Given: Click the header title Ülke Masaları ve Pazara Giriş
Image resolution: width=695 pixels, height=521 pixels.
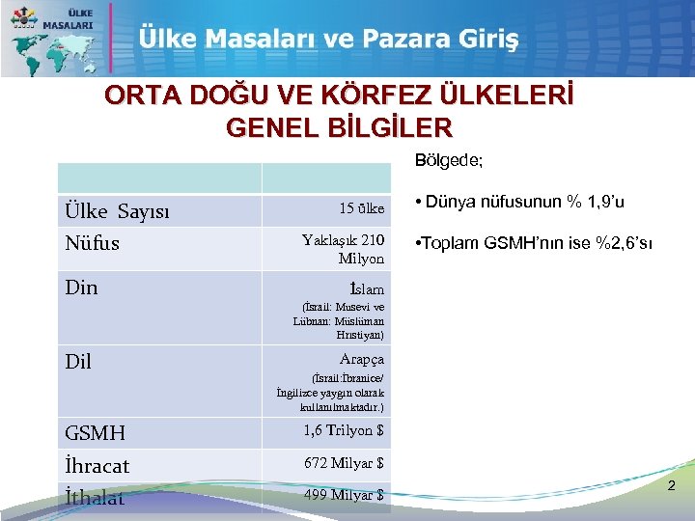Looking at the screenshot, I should pos(328,40).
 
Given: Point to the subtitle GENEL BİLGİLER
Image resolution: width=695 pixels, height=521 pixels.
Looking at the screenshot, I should pos(338,127).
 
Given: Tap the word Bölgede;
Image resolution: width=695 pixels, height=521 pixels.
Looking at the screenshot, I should pos(449,160).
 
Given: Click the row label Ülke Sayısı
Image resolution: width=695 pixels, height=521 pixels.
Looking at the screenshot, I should pos(117,211).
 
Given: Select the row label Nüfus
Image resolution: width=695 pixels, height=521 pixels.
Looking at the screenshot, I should pos(93,242).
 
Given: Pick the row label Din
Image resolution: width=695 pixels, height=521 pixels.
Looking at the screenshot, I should pos(81,287).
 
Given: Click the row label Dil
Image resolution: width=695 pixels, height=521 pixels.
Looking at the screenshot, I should pos(78,361).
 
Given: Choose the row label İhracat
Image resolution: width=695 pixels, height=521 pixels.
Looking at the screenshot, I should pos(97,465).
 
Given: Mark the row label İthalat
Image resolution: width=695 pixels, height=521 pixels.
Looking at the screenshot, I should pos(95,498).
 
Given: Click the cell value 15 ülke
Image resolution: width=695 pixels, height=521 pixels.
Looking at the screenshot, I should pos(361,208).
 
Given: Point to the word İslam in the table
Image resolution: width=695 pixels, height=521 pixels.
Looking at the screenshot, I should pos(366,288).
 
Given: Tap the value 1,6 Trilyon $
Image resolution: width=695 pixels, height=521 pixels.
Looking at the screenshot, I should pos(344,431).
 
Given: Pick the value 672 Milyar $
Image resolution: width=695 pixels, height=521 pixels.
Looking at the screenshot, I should pos(344,463).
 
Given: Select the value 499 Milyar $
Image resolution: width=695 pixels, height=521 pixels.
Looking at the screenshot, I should pos(344,495).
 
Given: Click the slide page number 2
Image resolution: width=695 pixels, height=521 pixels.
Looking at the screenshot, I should pos(672,489).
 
